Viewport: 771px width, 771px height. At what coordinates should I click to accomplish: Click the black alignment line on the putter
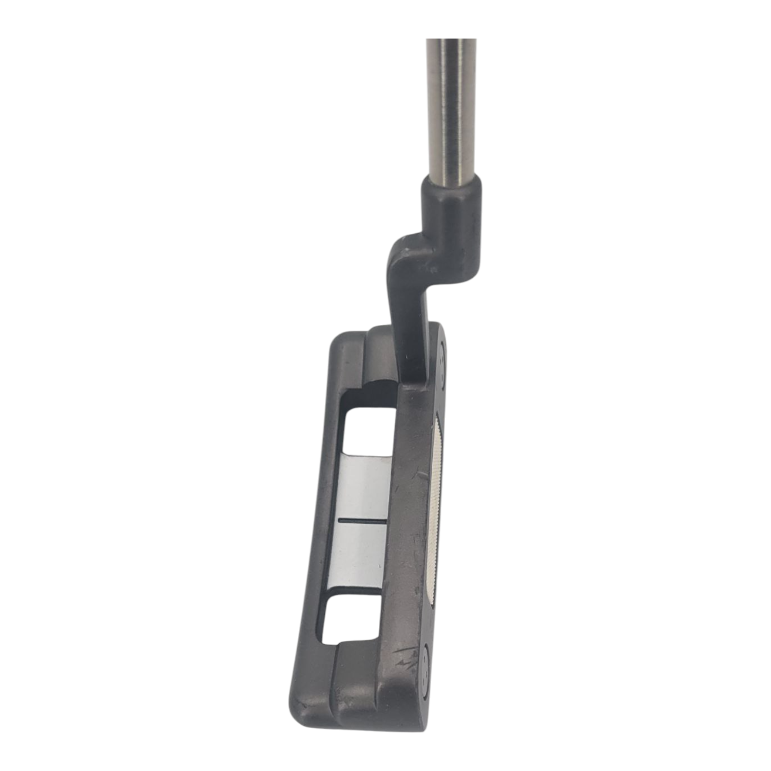pos(362,521)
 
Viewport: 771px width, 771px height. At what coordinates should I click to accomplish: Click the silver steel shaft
pos(452,106)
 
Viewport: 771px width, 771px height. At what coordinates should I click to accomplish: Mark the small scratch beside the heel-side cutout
pos(420,475)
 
